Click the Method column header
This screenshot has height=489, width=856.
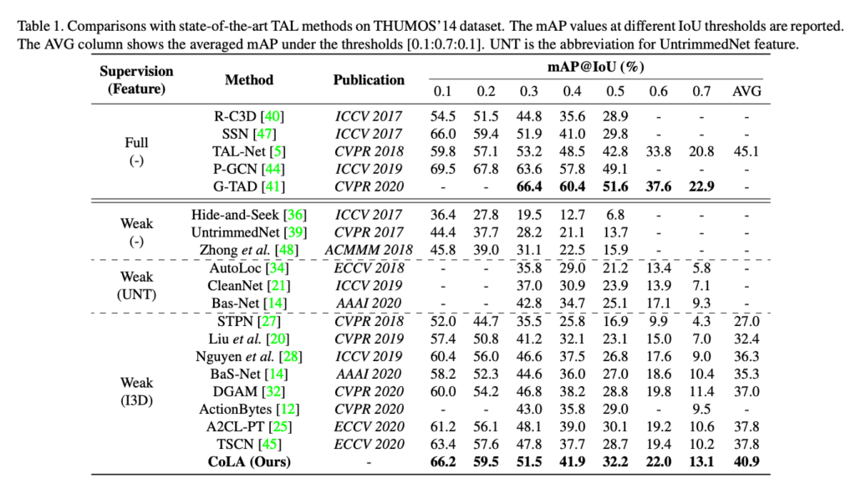point(248,79)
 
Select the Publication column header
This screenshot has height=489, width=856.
point(369,79)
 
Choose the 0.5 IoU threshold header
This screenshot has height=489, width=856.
point(614,90)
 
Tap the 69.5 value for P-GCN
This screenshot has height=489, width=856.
point(443,169)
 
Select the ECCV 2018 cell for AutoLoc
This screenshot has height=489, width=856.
point(369,268)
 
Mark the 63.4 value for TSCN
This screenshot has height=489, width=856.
point(443,445)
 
